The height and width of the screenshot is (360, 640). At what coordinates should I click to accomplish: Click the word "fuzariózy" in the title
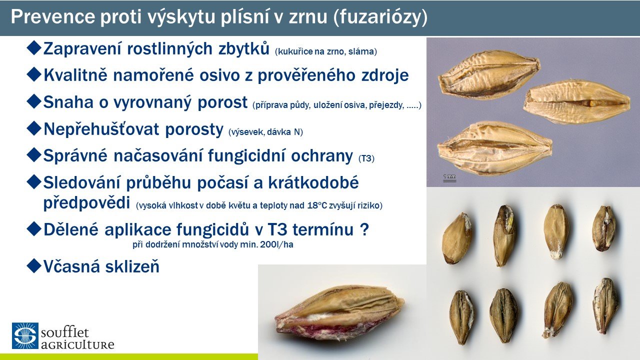tap(379, 17)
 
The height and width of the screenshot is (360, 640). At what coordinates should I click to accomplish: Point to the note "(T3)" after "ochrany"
tap(366, 158)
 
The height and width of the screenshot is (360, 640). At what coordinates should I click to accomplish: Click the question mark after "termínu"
tap(364, 229)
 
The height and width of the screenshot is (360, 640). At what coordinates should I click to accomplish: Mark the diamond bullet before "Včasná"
tap(34, 265)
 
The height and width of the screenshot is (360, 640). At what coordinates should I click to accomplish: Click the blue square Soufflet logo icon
tap(25, 335)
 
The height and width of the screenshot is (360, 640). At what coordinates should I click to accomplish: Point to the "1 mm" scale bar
tap(449, 177)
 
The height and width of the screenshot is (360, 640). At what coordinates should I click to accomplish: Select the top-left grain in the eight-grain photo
tap(456, 238)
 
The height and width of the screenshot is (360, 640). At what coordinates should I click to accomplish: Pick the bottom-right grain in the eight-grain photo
tap(605, 305)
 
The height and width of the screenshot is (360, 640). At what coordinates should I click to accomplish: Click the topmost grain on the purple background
tap(489, 75)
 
